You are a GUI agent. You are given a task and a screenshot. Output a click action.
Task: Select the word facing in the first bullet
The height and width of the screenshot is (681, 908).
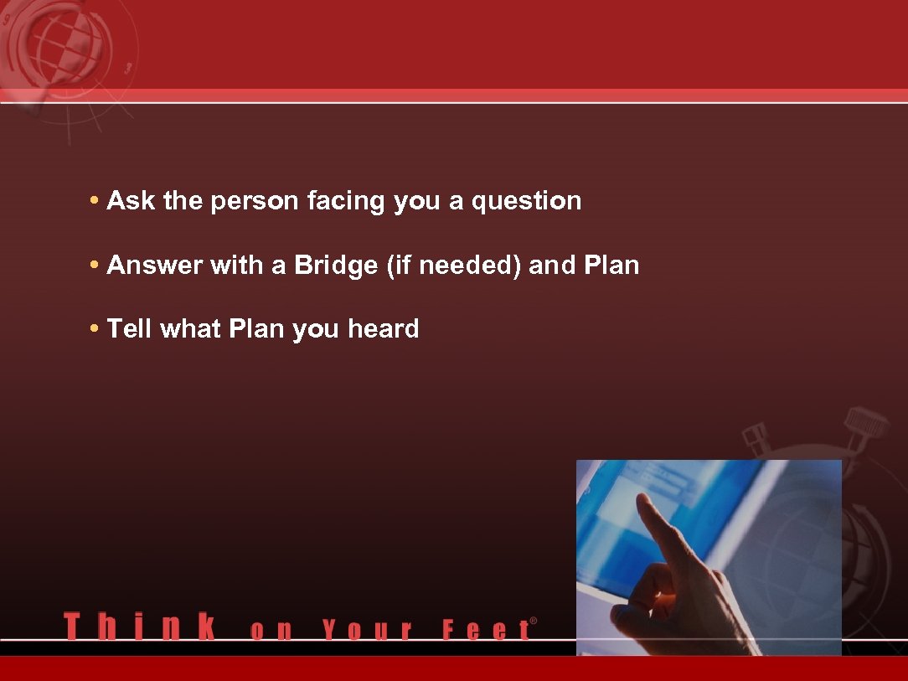[347, 201]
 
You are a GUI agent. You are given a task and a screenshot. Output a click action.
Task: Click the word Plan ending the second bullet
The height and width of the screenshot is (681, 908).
[611, 266]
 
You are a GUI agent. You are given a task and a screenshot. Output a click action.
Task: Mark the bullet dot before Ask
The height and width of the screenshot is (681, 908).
[95, 202]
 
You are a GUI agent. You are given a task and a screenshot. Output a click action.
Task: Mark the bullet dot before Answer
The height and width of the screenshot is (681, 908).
[95, 266]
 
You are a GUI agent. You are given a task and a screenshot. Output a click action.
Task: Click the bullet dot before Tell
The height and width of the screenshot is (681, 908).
[95, 329]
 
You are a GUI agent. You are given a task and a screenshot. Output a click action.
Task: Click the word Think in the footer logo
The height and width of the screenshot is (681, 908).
[139, 627]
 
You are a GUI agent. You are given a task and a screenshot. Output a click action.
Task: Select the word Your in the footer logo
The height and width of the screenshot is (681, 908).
[367, 630]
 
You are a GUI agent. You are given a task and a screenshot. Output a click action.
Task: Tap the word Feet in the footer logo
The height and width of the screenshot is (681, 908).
[486, 630]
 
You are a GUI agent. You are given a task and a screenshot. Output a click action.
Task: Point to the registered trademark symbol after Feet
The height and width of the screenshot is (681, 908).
[534, 622]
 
